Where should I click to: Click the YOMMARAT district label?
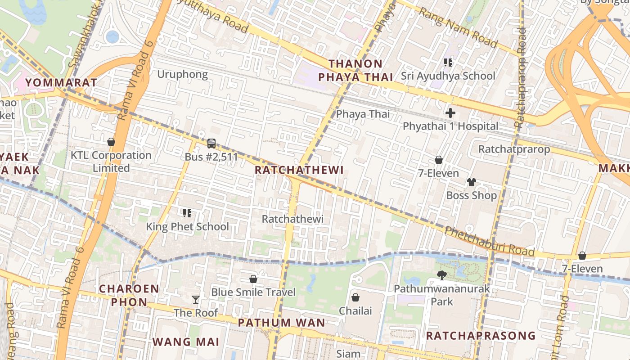(x=61, y=82)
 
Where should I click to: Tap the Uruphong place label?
(x=182, y=74)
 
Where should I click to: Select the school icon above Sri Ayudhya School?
(x=448, y=62)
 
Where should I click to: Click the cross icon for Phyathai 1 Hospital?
(x=450, y=113)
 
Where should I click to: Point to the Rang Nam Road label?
(x=458, y=27)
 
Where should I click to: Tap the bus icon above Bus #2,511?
(x=211, y=144)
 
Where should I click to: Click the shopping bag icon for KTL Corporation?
(x=111, y=142)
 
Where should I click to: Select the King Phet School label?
(x=187, y=226)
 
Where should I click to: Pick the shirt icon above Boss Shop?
(x=471, y=182)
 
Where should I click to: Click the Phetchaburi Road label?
(x=489, y=242)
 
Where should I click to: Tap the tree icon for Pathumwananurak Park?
(x=441, y=275)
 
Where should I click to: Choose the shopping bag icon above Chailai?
(x=355, y=297)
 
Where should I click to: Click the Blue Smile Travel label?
(x=253, y=292)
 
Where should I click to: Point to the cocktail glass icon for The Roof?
(x=195, y=300)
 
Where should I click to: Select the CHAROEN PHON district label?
(x=129, y=295)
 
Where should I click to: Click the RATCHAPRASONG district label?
(x=481, y=336)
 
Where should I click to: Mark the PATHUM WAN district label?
(x=281, y=323)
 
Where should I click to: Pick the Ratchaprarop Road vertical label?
(x=520, y=76)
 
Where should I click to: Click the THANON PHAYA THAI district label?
(x=355, y=70)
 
